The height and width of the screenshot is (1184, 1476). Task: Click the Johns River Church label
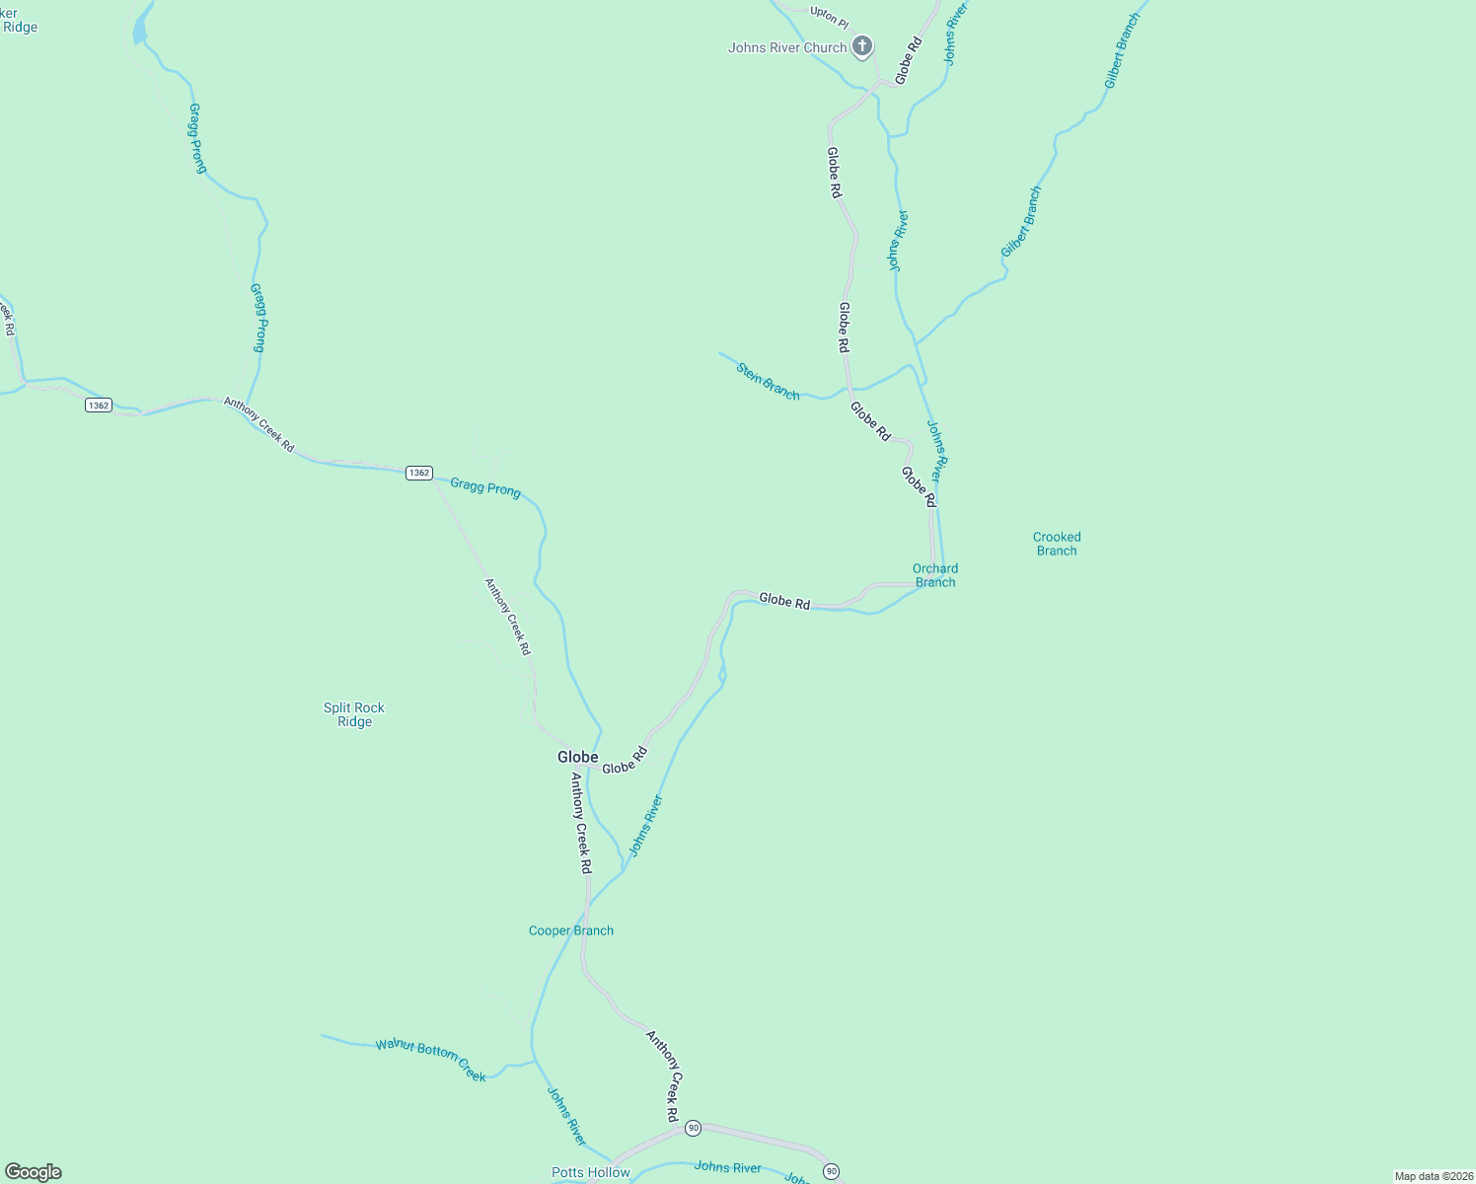pos(787,47)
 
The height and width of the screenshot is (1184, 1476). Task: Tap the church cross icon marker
pos(862,46)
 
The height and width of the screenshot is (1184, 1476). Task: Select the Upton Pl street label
pos(829,17)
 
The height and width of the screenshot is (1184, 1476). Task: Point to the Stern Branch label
pos(768,382)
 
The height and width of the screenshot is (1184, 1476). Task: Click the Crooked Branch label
pos(1057,544)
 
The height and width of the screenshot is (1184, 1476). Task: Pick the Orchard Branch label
pos(934,575)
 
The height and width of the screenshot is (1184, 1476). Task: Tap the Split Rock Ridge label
pos(354,714)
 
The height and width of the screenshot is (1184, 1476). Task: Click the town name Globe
pos(577,757)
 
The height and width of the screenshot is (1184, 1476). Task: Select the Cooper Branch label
pos(571,930)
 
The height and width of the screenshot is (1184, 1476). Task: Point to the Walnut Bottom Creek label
pos(431,1060)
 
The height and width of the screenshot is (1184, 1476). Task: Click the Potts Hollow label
pos(590,1172)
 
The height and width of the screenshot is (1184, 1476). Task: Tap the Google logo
pos(34,1172)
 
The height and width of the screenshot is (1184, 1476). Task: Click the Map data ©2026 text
pos(1433,1176)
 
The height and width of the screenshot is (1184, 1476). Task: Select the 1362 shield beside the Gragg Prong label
pos(419,474)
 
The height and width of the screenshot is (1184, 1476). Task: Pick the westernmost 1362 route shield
pos(98,406)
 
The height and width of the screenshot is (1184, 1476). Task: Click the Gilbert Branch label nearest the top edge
pos(1122,51)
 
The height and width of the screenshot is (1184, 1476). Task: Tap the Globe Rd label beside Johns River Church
pos(908,59)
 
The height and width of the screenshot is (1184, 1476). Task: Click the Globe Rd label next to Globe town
pos(625,761)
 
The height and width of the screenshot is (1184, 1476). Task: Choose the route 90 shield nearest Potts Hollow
pos(694,1128)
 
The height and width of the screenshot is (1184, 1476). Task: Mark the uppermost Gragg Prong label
pos(197,138)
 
